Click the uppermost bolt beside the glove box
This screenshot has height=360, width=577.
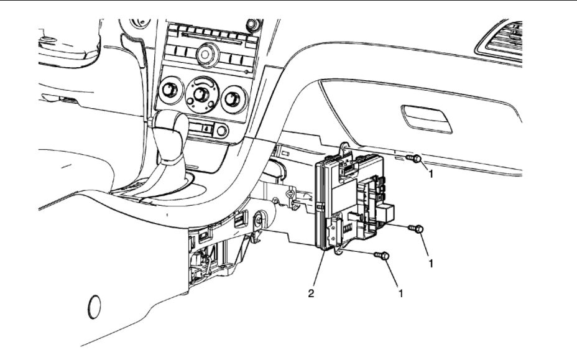pos(415,159)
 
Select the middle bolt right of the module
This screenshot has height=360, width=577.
pos(416,229)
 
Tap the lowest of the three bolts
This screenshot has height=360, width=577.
pos(382,256)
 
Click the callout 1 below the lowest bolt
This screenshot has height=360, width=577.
pos(400,292)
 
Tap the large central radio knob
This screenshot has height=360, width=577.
pos(206,55)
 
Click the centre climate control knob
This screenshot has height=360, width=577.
pos(201,95)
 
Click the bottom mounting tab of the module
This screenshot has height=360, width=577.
pos(340,251)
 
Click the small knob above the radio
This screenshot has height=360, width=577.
pos(252,24)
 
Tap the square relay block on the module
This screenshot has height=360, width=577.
pos(385,210)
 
